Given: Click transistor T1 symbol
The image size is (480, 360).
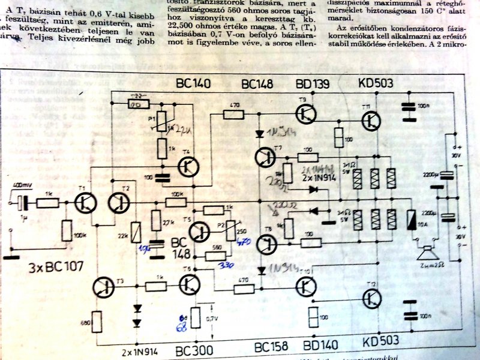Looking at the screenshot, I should tap(86, 203).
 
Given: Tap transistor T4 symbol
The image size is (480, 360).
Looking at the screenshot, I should tap(190, 166).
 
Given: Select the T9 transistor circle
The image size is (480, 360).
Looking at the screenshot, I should tap(305, 113).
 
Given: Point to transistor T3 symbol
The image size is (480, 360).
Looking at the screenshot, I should tap(104, 288).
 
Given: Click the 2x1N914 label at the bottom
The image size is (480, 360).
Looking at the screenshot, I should tap(140, 349).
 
